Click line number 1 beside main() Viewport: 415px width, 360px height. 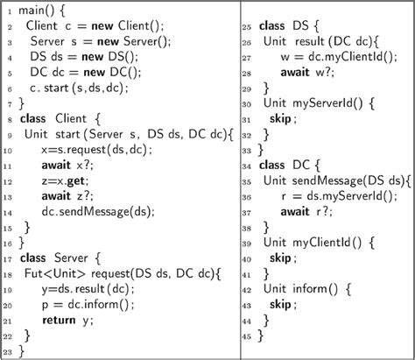click(x=5, y=12)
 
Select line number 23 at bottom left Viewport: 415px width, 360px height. click(x=7, y=353)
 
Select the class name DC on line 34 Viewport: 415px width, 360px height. click(x=305, y=165)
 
